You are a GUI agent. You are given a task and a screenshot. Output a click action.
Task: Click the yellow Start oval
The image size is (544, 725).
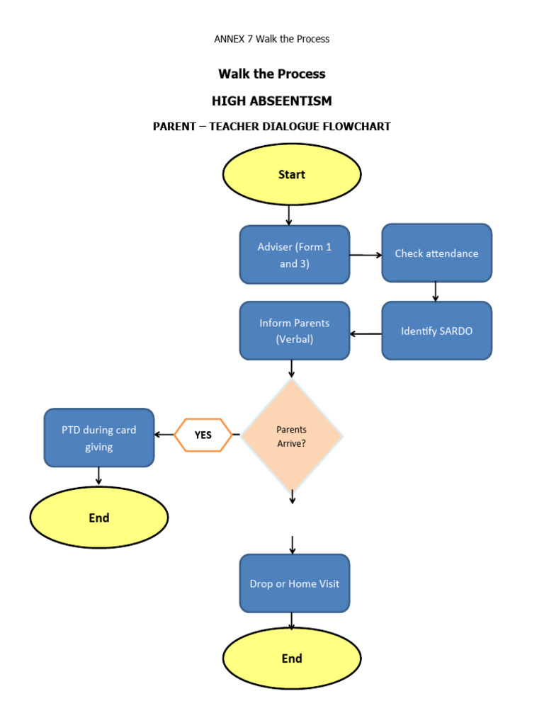pyautogui.click(x=292, y=174)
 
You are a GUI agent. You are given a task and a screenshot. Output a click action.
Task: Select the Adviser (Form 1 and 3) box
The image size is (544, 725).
pyautogui.click(x=295, y=255)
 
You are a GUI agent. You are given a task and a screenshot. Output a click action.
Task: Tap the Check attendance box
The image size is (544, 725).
pyautogui.click(x=436, y=253)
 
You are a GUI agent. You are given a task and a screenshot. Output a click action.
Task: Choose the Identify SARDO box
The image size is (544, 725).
pyautogui.click(x=436, y=331)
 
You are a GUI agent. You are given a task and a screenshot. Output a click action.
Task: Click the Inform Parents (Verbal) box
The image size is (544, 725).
pyautogui.click(x=295, y=331)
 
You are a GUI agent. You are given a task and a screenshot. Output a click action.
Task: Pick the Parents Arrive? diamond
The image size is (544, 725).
pyautogui.click(x=292, y=435)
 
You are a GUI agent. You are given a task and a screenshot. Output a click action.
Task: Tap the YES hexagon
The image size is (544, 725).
pyautogui.click(x=203, y=435)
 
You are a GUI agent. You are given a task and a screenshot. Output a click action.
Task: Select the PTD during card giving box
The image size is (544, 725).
pyautogui.click(x=99, y=438)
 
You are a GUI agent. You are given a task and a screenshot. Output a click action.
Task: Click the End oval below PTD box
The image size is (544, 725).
pyautogui.click(x=99, y=518)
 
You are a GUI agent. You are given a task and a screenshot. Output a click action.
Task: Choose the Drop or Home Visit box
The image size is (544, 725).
pyautogui.click(x=295, y=583)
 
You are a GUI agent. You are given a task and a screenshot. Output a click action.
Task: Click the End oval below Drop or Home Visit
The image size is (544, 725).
pyautogui.click(x=292, y=658)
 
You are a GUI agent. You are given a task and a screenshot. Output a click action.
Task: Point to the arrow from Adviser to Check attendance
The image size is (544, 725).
pyautogui.click(x=365, y=255)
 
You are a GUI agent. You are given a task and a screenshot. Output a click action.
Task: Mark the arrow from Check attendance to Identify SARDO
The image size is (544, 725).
pyautogui.click(x=436, y=292)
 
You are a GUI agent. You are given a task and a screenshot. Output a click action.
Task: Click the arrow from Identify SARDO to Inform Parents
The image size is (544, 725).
pyautogui.click(x=365, y=333)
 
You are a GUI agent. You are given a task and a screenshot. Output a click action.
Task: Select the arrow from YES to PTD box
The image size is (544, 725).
pyautogui.click(x=164, y=435)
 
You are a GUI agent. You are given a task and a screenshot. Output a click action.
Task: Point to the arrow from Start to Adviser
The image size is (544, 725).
pyautogui.click(x=289, y=215)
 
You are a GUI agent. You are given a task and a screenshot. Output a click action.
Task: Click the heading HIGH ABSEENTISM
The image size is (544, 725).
pyautogui.click(x=272, y=101)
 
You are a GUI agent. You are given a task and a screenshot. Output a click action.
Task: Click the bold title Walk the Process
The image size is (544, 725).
pyautogui.click(x=272, y=74)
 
